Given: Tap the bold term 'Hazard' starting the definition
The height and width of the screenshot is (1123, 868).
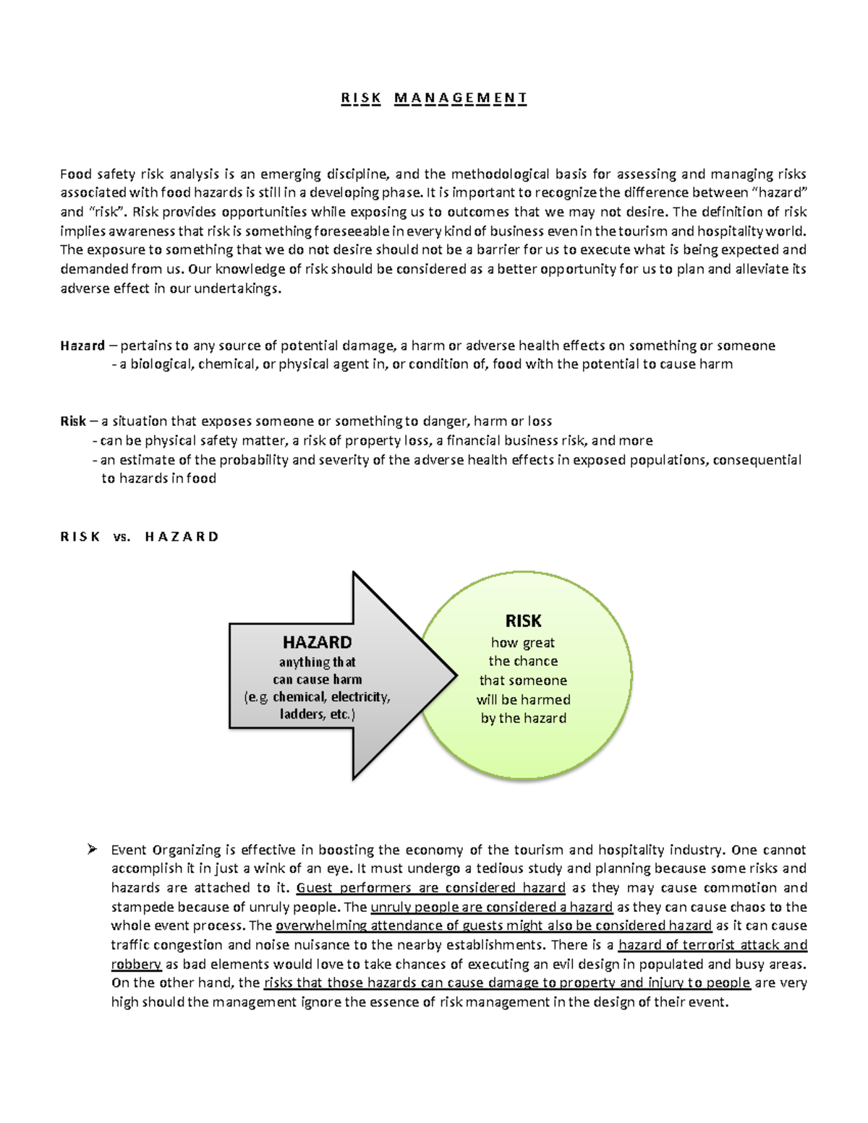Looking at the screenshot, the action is click(82, 346).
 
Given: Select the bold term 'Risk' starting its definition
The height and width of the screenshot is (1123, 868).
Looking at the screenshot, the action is click(73, 421).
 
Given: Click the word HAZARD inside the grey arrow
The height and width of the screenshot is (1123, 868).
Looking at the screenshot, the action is click(317, 642).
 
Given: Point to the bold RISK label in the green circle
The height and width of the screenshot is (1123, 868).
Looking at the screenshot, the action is click(523, 620).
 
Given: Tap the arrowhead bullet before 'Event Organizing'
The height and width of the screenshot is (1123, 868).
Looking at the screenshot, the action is click(92, 849).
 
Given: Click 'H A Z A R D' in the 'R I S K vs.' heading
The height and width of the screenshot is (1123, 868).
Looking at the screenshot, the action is click(182, 537).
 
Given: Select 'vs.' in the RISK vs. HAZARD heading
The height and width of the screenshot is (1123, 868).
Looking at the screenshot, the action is click(122, 537).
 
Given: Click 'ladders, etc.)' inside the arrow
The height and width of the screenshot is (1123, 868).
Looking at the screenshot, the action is click(317, 714).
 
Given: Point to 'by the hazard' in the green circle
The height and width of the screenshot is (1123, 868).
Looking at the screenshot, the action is click(523, 718).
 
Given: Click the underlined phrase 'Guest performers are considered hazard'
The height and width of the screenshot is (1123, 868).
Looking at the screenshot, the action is click(430, 887).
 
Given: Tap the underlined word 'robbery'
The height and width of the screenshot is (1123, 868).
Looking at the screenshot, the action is click(136, 964).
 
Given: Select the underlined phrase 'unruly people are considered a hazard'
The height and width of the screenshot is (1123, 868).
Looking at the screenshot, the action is click(491, 907).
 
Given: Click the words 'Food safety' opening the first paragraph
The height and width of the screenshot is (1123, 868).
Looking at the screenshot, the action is click(98, 174).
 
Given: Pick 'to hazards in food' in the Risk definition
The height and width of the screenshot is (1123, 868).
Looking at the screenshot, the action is click(158, 478).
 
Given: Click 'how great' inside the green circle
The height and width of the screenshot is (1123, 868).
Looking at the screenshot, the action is click(523, 642).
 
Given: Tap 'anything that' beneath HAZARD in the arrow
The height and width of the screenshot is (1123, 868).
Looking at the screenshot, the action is click(317, 662).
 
